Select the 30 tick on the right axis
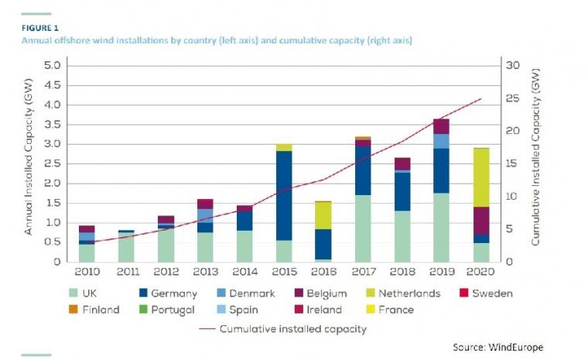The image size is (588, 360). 511,65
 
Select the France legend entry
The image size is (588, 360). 398,310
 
